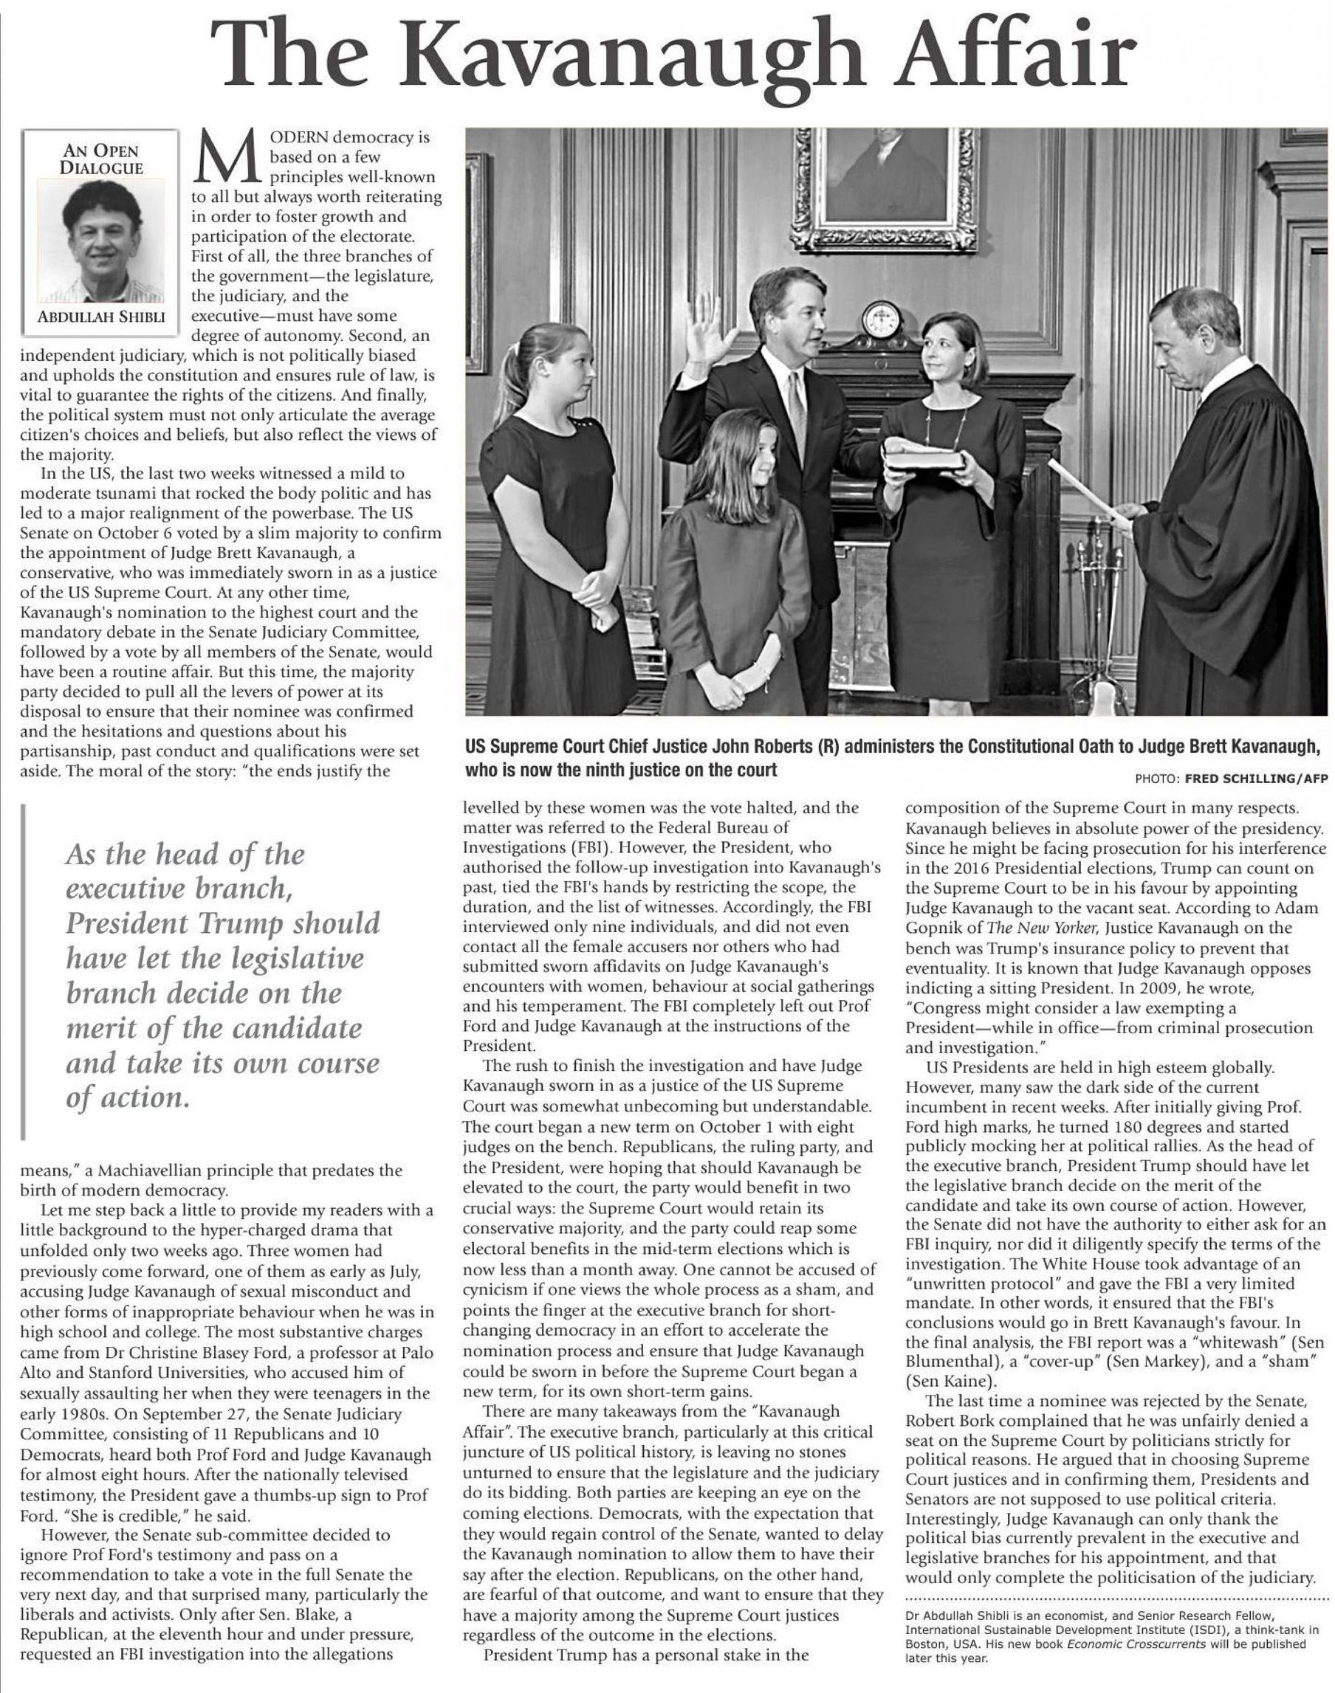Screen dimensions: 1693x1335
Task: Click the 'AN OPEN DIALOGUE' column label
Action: (101, 159)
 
